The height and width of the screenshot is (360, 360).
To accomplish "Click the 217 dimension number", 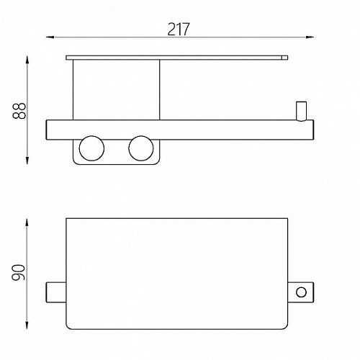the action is [179, 29].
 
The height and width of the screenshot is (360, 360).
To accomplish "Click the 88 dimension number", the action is [19, 110].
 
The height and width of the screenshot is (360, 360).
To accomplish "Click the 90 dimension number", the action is [18, 273].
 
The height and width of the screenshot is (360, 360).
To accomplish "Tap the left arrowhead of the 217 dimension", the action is [50, 37].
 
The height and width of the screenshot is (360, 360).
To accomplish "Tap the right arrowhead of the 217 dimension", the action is [310, 37].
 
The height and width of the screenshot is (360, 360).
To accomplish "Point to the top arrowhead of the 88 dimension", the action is [27, 59].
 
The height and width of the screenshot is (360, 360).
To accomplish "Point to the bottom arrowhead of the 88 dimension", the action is [27, 161].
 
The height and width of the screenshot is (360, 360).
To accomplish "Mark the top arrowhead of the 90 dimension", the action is [27, 222].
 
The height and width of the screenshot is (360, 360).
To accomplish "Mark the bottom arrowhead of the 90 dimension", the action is [27, 325].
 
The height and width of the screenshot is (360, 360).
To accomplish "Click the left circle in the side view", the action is [91, 148].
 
